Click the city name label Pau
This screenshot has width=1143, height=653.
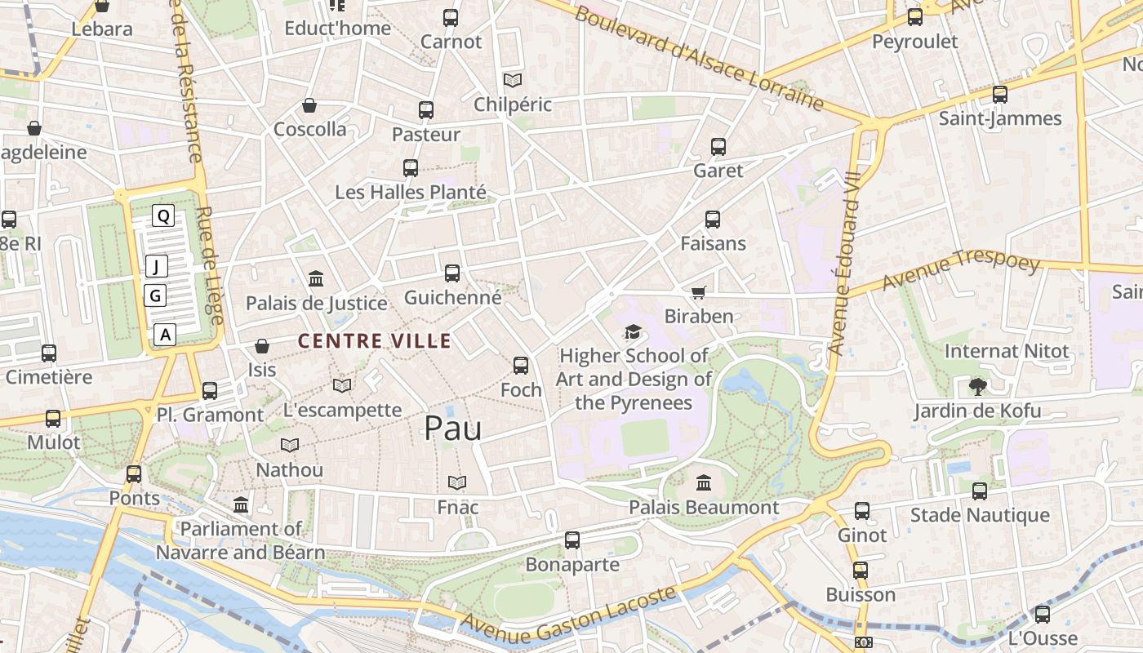pyautogui.click(x=452, y=428)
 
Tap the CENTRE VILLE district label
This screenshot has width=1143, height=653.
pyautogui.click(x=375, y=341)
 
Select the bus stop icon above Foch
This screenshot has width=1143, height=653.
pyautogui.click(x=521, y=366)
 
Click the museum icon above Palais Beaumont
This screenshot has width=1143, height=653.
pyautogui.click(x=704, y=482)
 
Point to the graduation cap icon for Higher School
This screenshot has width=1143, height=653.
pyautogui.click(x=633, y=331)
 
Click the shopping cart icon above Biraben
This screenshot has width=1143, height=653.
pyautogui.click(x=698, y=292)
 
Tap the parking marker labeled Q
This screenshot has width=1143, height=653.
pyautogui.click(x=163, y=215)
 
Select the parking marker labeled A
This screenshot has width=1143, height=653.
pyautogui.click(x=166, y=334)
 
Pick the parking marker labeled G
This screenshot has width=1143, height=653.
pyautogui.click(x=155, y=295)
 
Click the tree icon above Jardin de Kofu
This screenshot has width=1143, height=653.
pyautogui.click(x=976, y=386)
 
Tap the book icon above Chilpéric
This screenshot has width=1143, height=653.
pyautogui.click(x=513, y=80)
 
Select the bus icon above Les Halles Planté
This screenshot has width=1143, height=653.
pyautogui.click(x=411, y=168)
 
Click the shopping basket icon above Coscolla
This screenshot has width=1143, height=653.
pyautogui.click(x=309, y=105)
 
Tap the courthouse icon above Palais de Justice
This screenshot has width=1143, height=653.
pyautogui.click(x=316, y=279)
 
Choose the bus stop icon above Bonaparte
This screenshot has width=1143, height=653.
pyautogui.click(x=572, y=540)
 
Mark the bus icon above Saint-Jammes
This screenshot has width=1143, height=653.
pyautogui.click(x=999, y=94)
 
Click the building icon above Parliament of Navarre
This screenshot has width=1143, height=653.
pyautogui.click(x=241, y=504)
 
